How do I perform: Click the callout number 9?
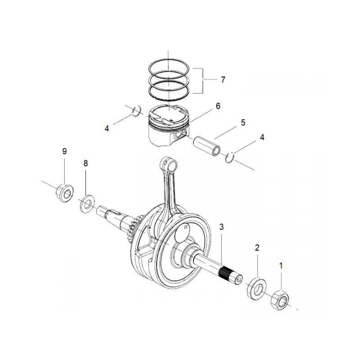coord(64,151)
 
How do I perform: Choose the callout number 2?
coord(257,247)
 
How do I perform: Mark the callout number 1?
coord(282,266)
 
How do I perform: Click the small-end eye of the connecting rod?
coord(167,163)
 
